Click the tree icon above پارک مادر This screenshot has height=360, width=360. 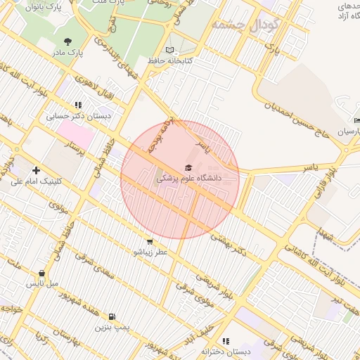click(x=67, y=41)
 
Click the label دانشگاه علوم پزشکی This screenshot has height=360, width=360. click(x=188, y=179)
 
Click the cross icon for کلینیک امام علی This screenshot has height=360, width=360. click(x=36, y=170)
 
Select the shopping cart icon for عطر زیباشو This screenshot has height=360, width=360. click(x=149, y=241)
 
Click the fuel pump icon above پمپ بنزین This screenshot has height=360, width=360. click(x=112, y=316)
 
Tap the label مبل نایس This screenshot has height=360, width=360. click(x=42, y=284)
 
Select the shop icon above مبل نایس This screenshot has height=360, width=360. click(x=42, y=274)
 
